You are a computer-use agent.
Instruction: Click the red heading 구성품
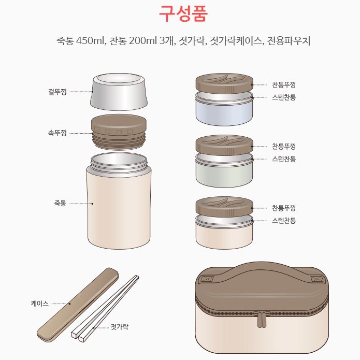[x=183, y=14]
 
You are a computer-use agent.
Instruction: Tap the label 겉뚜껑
[x=57, y=92]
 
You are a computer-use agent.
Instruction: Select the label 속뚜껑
[x=57, y=133]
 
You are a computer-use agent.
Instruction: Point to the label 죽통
[x=60, y=203]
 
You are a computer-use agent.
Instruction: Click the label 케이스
[x=40, y=304]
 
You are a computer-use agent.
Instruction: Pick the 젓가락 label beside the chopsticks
[x=119, y=327]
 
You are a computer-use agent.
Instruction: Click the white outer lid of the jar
[x=119, y=92]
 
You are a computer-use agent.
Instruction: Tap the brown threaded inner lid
[x=119, y=132]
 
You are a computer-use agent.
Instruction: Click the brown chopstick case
[x=78, y=305]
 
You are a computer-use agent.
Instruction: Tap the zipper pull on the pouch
[x=260, y=319]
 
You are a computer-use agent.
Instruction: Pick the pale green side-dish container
[x=224, y=170]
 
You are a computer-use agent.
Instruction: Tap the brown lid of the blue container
[x=224, y=83]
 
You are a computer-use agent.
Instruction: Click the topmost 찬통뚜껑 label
[x=284, y=85]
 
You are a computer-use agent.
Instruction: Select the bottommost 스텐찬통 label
[x=284, y=221]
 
